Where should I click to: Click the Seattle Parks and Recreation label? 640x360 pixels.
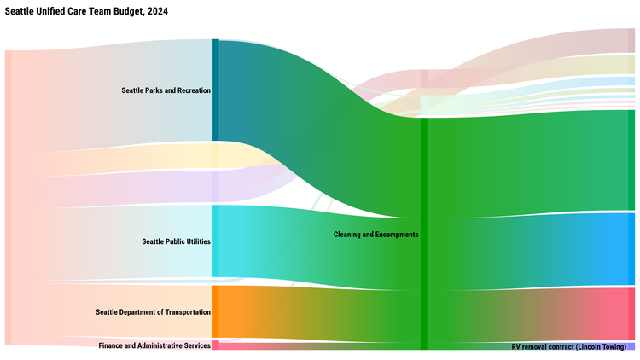point(166,90)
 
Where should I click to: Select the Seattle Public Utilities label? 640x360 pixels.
point(176,241)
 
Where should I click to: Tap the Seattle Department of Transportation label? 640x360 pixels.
point(153,312)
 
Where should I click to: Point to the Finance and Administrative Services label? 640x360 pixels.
point(154,345)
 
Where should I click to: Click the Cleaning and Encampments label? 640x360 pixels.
point(375,234)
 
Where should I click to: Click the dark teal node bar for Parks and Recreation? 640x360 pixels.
point(216,90)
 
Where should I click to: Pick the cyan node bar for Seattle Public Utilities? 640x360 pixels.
point(216,241)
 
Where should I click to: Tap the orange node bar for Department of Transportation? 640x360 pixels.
point(216,311)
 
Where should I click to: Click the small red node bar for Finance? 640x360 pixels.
point(216,345)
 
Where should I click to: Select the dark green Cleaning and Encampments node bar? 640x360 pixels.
point(423,234)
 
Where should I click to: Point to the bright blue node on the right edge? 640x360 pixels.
point(631,248)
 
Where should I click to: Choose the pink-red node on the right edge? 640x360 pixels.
point(631,314)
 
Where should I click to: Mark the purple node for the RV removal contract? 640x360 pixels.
point(631,346)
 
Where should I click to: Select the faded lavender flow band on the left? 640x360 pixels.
point(128,188)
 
